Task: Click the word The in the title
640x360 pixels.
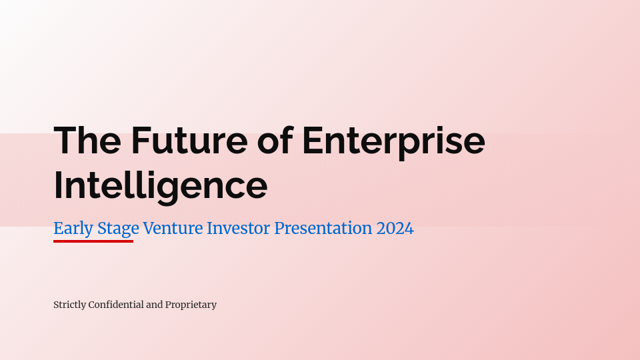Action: click(x=87, y=140)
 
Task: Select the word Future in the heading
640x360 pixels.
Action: click(x=189, y=140)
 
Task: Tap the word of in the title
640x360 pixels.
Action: click(x=275, y=140)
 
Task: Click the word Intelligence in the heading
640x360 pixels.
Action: click(x=161, y=186)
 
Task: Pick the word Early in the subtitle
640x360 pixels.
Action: click(x=73, y=229)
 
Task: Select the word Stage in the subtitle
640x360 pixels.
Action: click(x=119, y=229)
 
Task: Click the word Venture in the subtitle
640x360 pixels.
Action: click(x=173, y=228)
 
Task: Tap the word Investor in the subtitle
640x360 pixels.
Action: click(x=239, y=228)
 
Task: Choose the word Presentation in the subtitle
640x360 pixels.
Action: click(x=323, y=228)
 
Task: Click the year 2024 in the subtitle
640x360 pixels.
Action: click(x=395, y=228)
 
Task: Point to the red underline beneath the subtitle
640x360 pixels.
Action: click(x=93, y=241)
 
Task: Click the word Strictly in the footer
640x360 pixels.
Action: click(x=70, y=305)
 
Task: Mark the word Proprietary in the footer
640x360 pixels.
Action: click(x=191, y=305)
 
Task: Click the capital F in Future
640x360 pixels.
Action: click(x=141, y=140)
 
